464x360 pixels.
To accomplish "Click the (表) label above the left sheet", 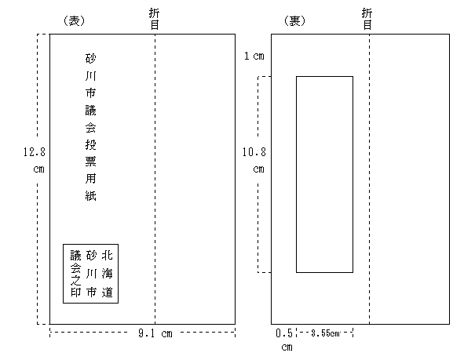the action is (x=75, y=20).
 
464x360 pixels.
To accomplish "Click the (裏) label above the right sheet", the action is (x=294, y=20).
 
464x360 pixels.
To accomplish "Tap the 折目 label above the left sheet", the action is (x=155, y=19).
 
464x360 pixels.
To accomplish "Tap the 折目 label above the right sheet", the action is (x=367, y=19).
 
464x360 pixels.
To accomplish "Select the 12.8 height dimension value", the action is (x=35, y=152).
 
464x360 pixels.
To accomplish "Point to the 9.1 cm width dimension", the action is (x=155, y=333).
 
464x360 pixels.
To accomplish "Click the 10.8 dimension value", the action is (x=254, y=152).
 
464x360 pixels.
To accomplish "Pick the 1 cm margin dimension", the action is (x=254, y=56).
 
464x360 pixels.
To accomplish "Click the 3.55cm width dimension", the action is (x=325, y=333).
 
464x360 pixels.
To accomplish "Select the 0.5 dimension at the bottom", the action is (x=283, y=333).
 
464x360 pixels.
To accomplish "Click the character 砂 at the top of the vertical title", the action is (x=90, y=59).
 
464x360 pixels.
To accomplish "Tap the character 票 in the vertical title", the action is (x=90, y=162).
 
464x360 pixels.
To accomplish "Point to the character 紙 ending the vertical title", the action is (x=90, y=195).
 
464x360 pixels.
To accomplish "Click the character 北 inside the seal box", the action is (x=107, y=255).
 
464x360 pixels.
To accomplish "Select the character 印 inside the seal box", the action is (x=75, y=292).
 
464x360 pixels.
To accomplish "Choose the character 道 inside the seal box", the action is (x=107, y=292).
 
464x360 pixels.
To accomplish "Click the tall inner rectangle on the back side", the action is (x=296, y=174).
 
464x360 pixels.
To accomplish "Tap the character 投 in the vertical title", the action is (x=90, y=144).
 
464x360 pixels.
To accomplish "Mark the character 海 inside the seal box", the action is (x=107, y=274).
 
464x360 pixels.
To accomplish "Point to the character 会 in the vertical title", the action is (x=90, y=127).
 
